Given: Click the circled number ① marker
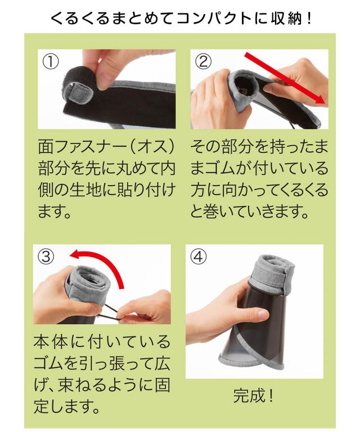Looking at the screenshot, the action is point(51,62).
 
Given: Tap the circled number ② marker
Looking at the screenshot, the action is point(203,61).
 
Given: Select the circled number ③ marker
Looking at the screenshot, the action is point(46,256).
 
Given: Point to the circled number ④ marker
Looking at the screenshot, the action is point(199,257).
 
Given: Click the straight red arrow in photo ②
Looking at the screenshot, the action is point(285,78).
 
